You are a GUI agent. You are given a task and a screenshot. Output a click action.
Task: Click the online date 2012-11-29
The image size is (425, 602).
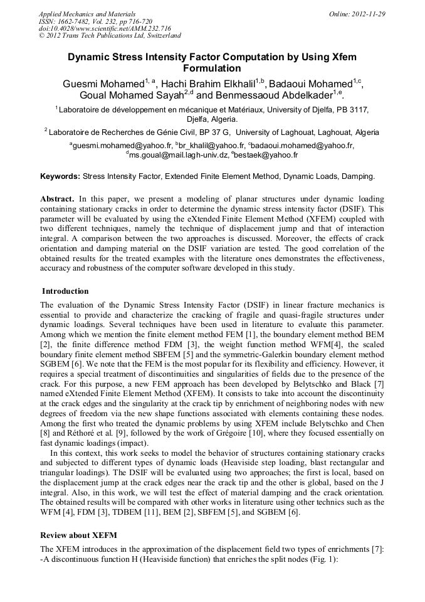(x=369, y=13)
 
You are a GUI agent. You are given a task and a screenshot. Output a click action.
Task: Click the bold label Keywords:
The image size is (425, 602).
(x=60, y=177)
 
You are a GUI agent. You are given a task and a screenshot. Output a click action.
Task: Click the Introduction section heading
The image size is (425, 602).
(x=65, y=291)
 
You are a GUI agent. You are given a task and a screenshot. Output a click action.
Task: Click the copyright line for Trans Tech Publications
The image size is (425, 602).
(x=110, y=36)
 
